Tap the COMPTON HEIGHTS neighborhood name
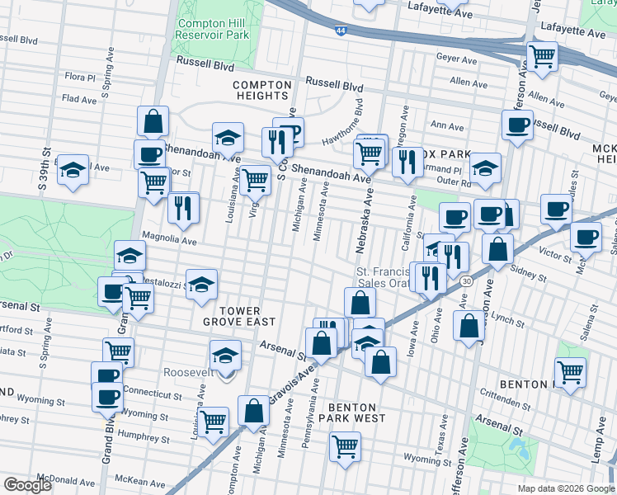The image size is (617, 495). (x=262, y=91)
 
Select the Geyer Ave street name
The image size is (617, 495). (x=459, y=60)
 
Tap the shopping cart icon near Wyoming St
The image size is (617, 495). (x=346, y=446)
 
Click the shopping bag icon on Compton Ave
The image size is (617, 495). (x=253, y=410)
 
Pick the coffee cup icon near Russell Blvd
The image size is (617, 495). (x=517, y=125)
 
